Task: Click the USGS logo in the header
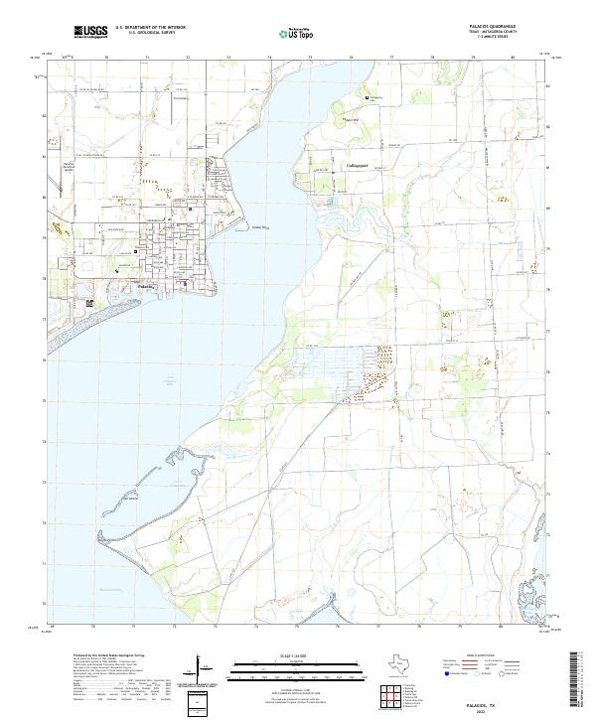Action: [x=91, y=32]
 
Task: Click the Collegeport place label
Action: [x=357, y=165]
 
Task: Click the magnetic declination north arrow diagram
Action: [x=202, y=670]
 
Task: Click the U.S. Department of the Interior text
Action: [x=149, y=28]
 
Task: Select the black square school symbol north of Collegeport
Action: [x=367, y=98]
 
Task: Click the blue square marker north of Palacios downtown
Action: [x=190, y=211]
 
